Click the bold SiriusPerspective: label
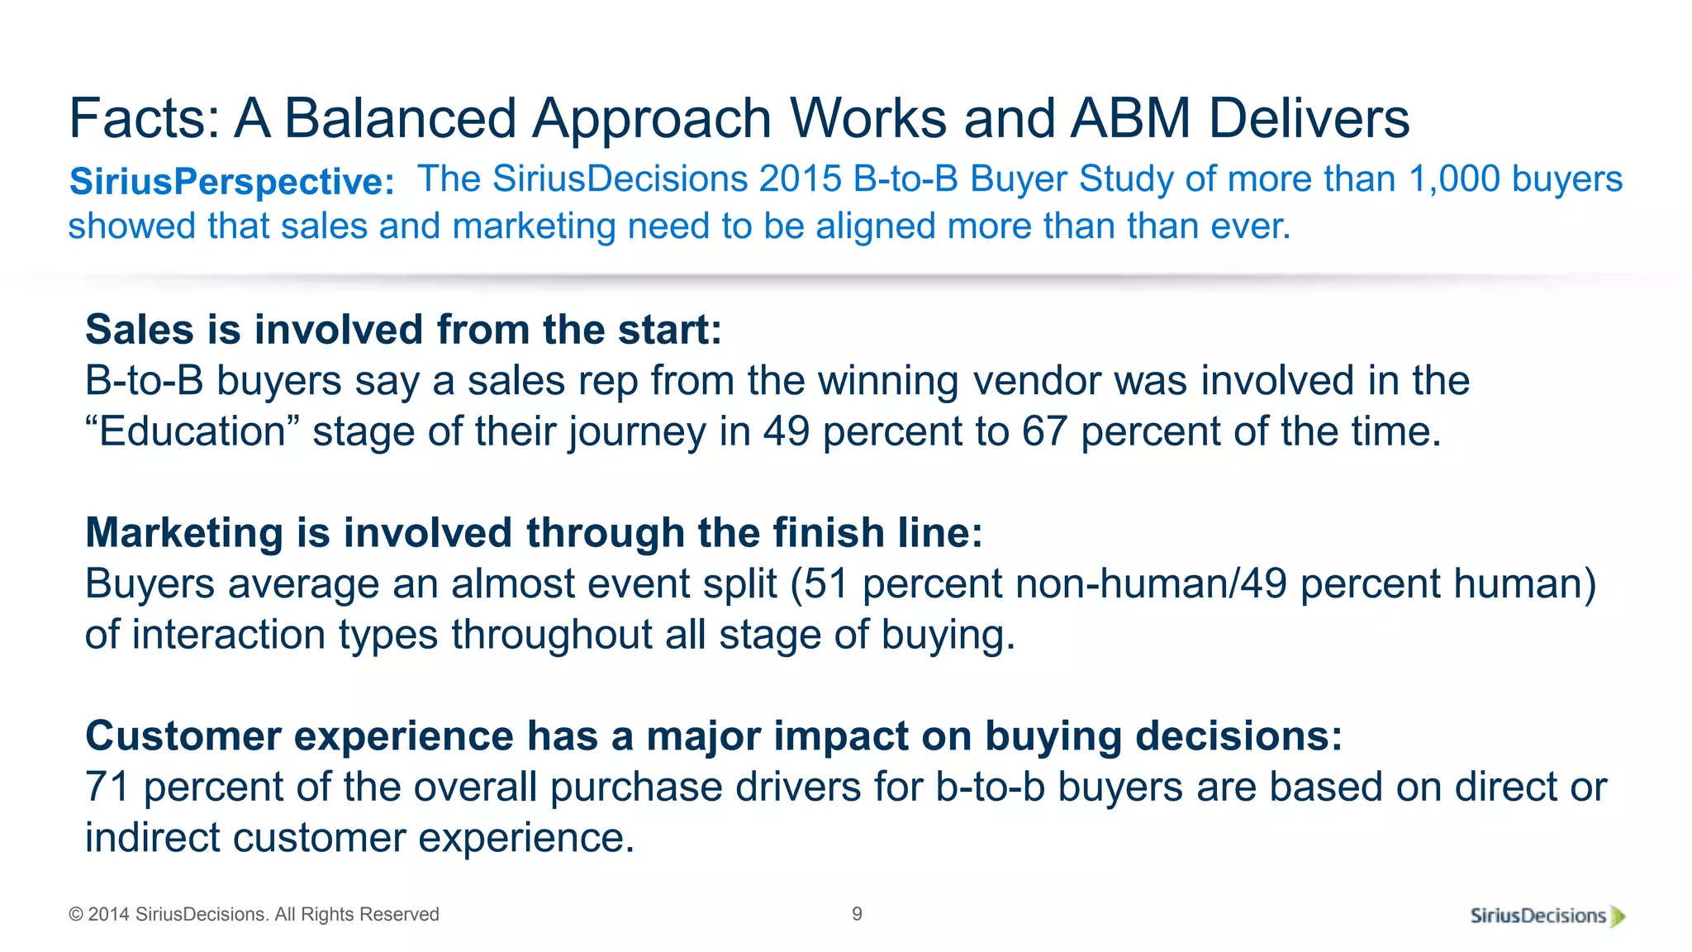232,182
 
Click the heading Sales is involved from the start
404,330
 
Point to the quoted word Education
192,431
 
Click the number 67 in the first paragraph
1044,431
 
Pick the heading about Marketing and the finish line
534,533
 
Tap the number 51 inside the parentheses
827,583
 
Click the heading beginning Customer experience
714,736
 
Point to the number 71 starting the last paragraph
107,787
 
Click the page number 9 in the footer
857,914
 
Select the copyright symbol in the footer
76,915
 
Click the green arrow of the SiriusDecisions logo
1618,916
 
